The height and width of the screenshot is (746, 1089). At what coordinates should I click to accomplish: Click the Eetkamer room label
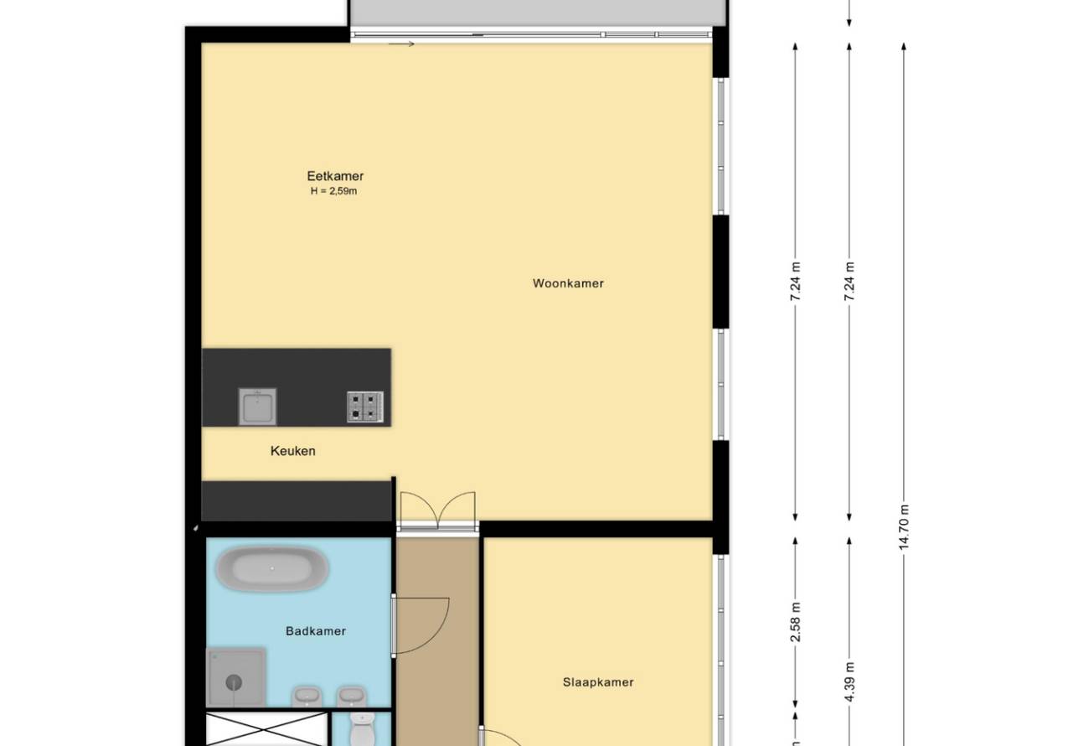[335, 175]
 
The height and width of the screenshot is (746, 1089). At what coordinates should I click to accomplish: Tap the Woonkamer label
[568, 283]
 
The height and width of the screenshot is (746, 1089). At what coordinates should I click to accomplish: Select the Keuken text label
[292, 451]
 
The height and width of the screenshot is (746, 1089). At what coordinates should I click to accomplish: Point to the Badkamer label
[316, 630]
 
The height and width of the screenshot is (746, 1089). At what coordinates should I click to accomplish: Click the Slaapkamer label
[598, 681]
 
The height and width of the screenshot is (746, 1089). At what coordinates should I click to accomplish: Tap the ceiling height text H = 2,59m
[333, 191]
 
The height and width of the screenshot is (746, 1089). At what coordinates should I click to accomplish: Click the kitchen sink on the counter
[257, 406]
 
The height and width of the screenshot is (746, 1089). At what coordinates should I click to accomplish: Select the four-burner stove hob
[365, 407]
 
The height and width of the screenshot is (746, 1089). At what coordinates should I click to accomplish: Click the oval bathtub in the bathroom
[272, 568]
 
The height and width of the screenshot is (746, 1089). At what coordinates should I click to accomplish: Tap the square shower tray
[235, 677]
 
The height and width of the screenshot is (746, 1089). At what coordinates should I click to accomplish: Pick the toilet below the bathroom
[362, 729]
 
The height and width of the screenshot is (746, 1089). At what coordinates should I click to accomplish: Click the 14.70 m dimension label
[903, 527]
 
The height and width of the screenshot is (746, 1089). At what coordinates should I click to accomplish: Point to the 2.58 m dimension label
[795, 622]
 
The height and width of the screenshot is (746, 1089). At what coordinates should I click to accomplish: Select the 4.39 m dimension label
[849, 681]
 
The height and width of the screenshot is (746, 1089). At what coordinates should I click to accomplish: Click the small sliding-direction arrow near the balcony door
[401, 44]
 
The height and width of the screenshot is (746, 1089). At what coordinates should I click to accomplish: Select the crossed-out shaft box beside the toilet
[266, 729]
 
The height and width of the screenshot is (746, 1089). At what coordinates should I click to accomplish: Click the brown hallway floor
[437, 642]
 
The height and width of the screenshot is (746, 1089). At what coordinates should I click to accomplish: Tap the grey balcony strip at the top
[538, 13]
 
